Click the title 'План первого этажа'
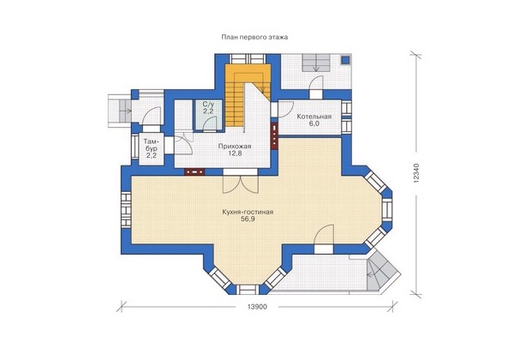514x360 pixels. [254, 38]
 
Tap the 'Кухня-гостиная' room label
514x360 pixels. [248, 212]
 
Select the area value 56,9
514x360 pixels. [248, 219]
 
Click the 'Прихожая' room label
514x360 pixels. [235, 147]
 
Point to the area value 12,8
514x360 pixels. [235, 153]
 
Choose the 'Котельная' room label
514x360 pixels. [314, 117]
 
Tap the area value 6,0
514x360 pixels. [314, 123]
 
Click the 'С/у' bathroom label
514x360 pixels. [207, 105]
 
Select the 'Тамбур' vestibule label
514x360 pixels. [151, 148]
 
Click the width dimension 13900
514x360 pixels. [257, 307]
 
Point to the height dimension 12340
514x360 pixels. [415, 173]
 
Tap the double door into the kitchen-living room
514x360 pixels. [241, 184]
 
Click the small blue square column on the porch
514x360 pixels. [345, 60]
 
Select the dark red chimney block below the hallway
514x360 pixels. [194, 171]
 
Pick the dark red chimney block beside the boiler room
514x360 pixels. [274, 135]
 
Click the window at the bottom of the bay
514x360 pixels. [248, 290]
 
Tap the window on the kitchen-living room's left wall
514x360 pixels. [126, 210]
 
